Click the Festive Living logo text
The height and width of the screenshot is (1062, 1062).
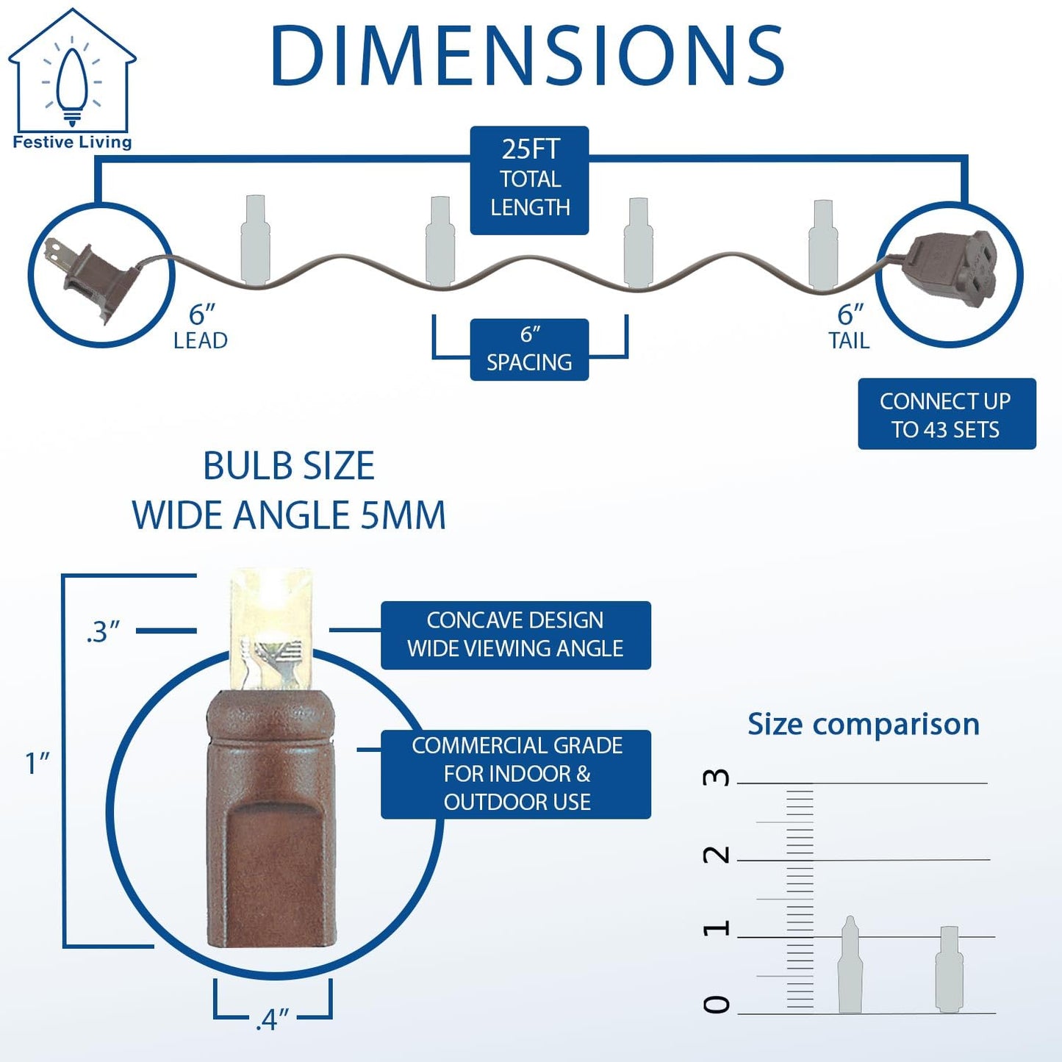point(72,142)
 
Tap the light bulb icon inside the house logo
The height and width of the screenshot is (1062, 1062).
point(71,85)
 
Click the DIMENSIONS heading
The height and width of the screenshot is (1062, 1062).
point(528,55)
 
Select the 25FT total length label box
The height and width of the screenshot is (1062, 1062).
point(529,180)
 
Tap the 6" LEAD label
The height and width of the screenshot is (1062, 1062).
point(201,327)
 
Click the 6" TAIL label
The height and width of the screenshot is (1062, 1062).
point(850,327)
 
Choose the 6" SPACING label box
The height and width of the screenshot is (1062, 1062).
point(529,349)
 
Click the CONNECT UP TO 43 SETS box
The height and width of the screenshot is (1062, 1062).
point(947,414)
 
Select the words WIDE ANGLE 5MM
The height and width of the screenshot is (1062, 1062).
point(289,515)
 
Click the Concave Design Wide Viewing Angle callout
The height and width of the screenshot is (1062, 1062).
point(516,635)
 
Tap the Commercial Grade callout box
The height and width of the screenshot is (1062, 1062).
point(516,775)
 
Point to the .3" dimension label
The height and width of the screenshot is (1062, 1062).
point(103,631)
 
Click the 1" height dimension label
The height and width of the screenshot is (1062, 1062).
point(37,764)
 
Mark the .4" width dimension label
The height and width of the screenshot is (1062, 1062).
point(272,1019)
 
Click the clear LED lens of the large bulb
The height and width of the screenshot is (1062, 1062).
point(270,628)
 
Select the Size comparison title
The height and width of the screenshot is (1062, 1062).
point(864,724)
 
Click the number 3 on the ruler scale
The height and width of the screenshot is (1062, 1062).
point(717,777)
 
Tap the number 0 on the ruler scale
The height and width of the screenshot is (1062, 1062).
point(717,1005)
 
